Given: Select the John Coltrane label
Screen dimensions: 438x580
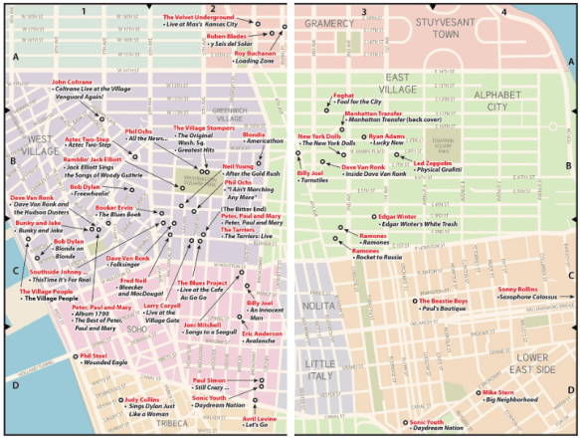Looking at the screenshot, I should coord(73,83).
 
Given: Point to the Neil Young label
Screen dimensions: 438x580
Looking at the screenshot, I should coord(239,166).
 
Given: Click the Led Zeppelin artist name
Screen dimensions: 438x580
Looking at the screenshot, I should coord(433,162).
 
